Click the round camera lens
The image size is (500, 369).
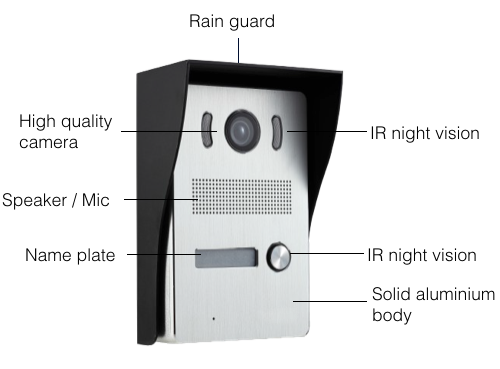(x=242, y=131)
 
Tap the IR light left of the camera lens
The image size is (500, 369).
(x=207, y=130)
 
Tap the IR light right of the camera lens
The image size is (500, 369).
(x=277, y=132)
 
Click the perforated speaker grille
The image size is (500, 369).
(x=242, y=197)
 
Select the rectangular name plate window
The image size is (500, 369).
(x=227, y=257)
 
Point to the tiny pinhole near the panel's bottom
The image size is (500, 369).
(x=214, y=319)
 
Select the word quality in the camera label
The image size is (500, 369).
(x=87, y=122)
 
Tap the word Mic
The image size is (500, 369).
(x=96, y=200)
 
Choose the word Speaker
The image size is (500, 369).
(x=35, y=201)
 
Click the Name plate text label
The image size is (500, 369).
(x=70, y=255)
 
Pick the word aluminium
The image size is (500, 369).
(x=456, y=294)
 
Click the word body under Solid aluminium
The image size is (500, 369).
(x=392, y=315)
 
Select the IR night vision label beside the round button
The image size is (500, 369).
(x=422, y=255)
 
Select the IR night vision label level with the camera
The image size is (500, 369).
(x=425, y=133)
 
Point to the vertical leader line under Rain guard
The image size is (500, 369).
(x=238, y=50)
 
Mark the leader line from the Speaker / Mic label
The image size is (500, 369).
(x=161, y=200)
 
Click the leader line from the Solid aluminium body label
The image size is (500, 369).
(x=330, y=301)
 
